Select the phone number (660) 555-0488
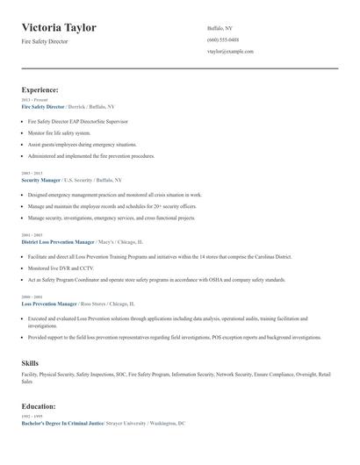coord(222,39)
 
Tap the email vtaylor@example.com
coord(230,52)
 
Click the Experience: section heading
coord(40,89)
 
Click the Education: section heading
coord(39,406)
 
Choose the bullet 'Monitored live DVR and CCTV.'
coord(61,268)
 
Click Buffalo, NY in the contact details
coord(220,28)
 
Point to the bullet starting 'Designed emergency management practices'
coord(114,195)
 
